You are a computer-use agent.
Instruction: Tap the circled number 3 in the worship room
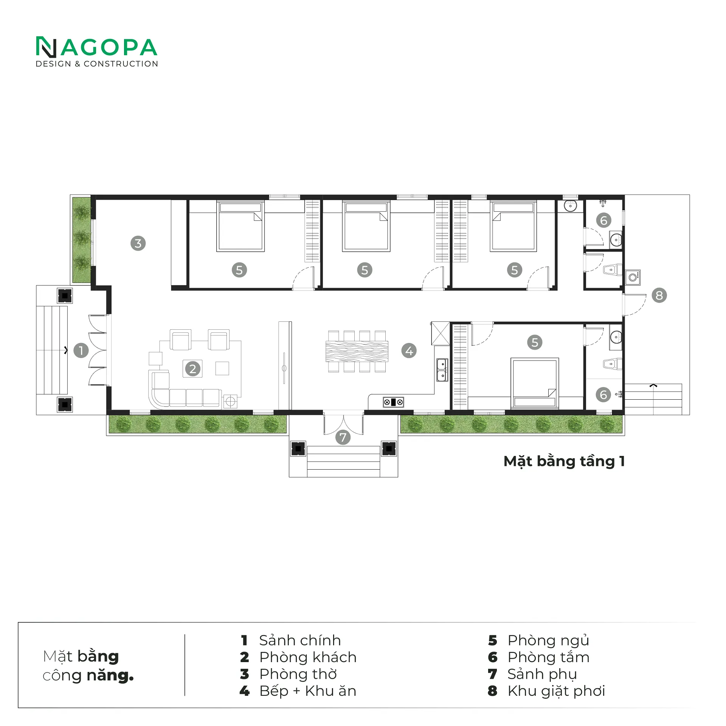(138, 243)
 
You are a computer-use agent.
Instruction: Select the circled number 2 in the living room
(192, 369)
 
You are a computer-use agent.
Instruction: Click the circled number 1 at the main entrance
(81, 351)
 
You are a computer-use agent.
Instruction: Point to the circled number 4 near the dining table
(409, 351)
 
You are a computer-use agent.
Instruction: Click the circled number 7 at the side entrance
(343, 437)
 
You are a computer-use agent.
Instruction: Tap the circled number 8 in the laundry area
(659, 295)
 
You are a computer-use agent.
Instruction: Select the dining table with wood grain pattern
(357, 352)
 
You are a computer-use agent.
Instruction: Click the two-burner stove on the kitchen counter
(393, 402)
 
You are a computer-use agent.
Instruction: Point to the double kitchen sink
(442, 370)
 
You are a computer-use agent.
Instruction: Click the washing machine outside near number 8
(633, 278)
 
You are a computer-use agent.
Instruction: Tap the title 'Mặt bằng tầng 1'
(564, 462)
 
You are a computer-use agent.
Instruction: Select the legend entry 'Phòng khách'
(308, 658)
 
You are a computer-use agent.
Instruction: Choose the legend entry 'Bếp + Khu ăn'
(308, 691)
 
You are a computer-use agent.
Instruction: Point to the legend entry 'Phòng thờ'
(298, 674)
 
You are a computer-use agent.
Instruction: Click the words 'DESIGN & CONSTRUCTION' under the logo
(97, 64)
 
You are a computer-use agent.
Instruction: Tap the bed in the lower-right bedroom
(535, 383)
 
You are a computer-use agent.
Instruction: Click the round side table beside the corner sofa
(230, 401)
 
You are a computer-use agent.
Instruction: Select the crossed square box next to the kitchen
(441, 333)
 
